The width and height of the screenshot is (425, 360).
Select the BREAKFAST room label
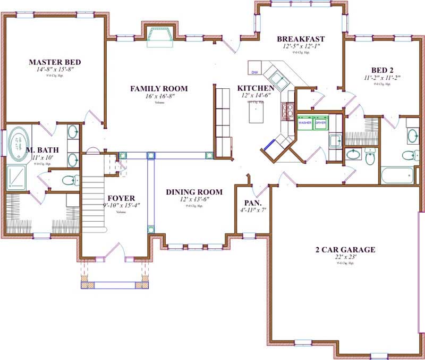coord(301,39)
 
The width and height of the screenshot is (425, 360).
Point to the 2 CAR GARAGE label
coord(345,249)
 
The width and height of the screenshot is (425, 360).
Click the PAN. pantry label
coord(252,203)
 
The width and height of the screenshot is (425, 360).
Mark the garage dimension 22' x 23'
coord(345,257)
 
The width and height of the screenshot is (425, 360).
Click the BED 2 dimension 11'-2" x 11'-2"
coord(382,78)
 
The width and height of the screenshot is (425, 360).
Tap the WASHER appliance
coord(305,123)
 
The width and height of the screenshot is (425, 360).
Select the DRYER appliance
coord(321,123)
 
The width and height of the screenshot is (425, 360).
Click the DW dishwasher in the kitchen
coord(254,72)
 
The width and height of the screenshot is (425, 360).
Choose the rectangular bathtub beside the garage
coord(397,175)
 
